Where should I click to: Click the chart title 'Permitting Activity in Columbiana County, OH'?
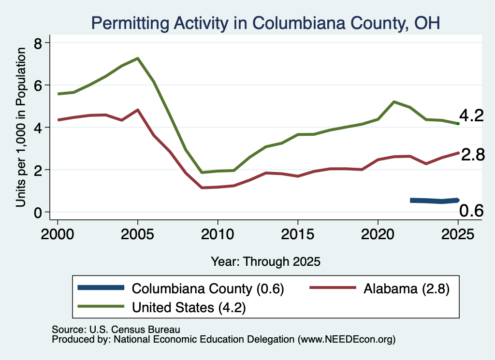click(265, 23)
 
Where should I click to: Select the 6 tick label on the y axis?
click(38, 86)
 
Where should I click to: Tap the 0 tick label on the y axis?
click(38, 213)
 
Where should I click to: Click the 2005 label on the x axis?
click(137, 234)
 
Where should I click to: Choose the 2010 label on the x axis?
click(218, 234)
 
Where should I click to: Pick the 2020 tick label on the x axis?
click(378, 234)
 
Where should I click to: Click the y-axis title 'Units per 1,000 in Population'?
click(21, 127)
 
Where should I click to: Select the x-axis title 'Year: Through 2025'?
click(265, 261)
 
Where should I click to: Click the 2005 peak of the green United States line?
click(138, 58)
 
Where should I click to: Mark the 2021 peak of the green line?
click(394, 102)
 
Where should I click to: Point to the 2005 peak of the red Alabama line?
click(138, 110)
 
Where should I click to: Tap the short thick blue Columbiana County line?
click(435, 201)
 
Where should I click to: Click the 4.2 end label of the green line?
click(471, 115)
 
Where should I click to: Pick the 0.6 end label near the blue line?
click(471, 211)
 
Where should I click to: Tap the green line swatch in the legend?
click(101, 306)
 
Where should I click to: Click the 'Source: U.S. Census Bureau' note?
click(116, 330)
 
